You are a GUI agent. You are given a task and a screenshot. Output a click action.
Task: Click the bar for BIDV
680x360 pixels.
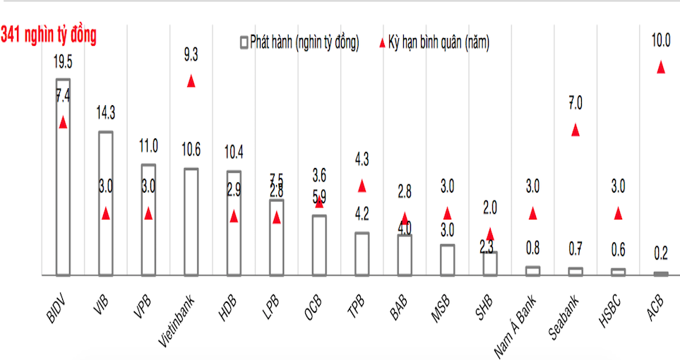pyautogui.click(x=63, y=176)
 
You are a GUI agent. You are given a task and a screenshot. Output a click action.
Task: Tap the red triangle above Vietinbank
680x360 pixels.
pyautogui.click(x=191, y=81)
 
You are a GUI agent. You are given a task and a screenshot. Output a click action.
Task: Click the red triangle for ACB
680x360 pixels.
pyautogui.click(x=660, y=67)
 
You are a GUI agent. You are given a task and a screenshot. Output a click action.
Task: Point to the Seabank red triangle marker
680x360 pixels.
pyautogui.click(x=575, y=130)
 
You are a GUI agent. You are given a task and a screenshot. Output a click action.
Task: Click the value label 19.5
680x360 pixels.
pyautogui.click(x=63, y=62)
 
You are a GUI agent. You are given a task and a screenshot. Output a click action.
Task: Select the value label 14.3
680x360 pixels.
pyautogui.click(x=105, y=112)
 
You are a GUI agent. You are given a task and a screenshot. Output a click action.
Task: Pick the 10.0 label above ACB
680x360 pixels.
pyautogui.click(x=660, y=41)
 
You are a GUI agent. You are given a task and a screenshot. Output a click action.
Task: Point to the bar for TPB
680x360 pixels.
pyautogui.click(x=362, y=253)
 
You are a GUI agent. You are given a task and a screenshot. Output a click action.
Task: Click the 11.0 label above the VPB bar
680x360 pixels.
pyautogui.click(x=148, y=147)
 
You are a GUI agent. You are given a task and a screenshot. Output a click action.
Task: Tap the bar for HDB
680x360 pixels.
pyautogui.click(x=234, y=222)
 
